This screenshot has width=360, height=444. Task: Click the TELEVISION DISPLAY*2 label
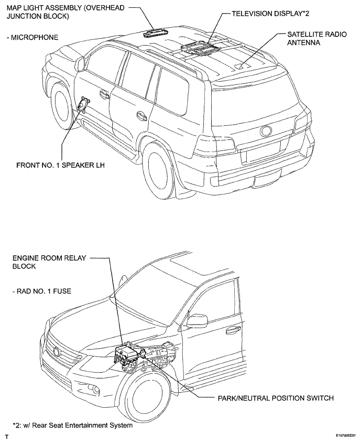coord(270,14)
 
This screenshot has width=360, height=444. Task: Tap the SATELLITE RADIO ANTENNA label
coord(317,38)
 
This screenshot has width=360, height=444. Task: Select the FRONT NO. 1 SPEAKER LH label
coord(60,165)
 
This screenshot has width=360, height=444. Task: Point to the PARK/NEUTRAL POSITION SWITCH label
coord(276,398)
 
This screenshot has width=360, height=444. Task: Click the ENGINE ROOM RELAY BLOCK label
coord(49,262)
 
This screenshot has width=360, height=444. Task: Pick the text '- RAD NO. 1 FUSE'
coord(41,291)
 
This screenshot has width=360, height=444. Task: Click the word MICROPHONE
coord(35,37)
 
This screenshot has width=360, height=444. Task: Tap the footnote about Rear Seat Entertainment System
coord(72,425)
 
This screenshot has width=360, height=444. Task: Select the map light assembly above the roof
coord(156,33)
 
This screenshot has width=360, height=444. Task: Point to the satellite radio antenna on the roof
coord(241,67)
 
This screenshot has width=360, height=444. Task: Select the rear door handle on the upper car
coord(141,115)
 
